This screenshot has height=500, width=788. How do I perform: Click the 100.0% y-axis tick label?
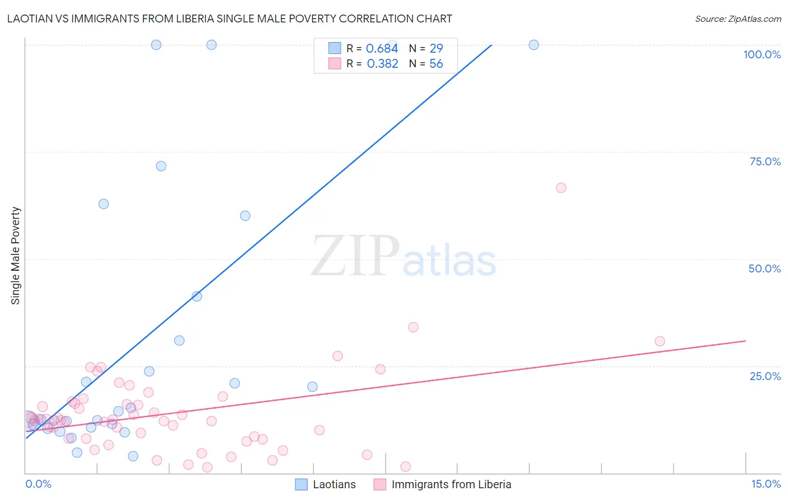point(762,54)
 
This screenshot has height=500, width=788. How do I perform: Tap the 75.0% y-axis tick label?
point(765,161)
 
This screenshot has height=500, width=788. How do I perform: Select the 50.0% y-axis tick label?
point(764,268)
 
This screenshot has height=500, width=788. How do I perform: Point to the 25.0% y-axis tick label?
point(765,376)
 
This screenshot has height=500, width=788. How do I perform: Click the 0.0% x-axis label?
point(38,484)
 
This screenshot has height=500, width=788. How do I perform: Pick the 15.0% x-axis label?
point(766,484)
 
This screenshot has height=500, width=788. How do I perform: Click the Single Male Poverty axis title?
point(16,256)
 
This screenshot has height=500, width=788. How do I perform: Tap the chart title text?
point(230,18)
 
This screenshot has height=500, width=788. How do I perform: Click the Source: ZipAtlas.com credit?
point(738,18)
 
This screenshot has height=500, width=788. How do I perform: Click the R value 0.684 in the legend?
point(382,49)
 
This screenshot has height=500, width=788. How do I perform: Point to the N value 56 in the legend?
point(436,64)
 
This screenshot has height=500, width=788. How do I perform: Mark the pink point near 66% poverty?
point(561,188)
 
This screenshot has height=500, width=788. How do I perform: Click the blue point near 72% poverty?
point(161,166)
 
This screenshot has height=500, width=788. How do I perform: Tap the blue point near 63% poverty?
point(104,204)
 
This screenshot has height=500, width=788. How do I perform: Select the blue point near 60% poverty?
point(245,216)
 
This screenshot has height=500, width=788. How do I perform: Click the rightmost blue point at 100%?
point(534,45)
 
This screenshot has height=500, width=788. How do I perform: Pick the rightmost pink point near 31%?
point(660,341)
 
